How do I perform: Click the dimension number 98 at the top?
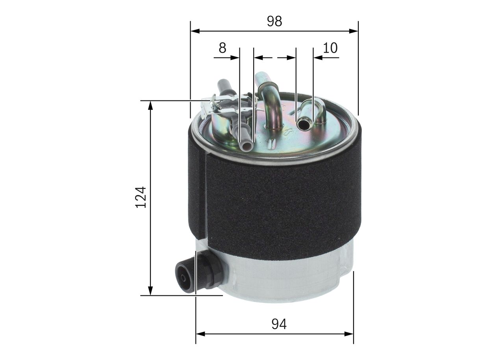[274, 21]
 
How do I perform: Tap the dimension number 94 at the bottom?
[279, 324]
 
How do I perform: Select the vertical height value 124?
[141, 197]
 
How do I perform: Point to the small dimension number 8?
[222, 48]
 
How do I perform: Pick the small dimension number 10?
[330, 48]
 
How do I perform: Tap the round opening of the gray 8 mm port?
[246, 147]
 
